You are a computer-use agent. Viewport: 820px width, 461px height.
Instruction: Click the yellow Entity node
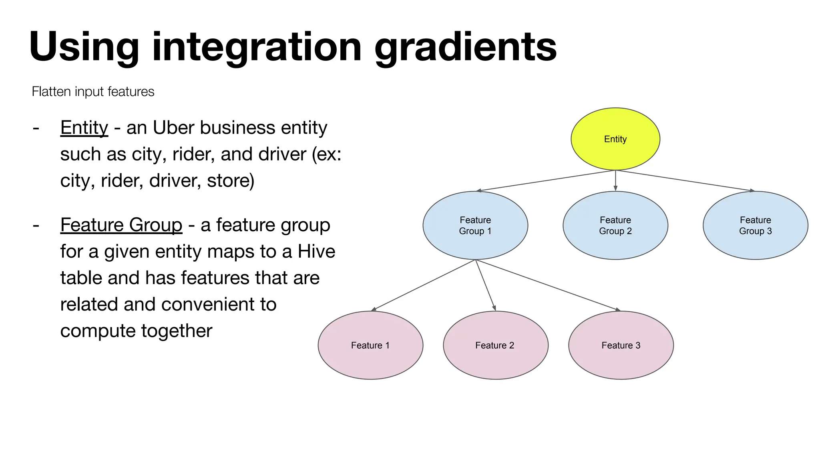615,139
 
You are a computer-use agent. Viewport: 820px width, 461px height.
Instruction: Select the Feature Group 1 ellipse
475,225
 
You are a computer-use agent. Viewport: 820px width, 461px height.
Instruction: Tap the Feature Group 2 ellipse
615,225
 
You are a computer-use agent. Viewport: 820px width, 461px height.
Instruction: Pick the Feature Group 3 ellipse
755,225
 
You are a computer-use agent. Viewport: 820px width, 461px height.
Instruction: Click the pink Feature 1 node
370,345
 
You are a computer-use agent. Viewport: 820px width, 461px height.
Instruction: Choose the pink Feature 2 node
495,345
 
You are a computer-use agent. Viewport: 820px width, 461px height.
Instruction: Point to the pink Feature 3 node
621,345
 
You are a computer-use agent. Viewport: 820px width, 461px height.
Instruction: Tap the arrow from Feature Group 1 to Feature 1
424,285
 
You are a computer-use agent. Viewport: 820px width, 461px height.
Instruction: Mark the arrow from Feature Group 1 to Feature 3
548,285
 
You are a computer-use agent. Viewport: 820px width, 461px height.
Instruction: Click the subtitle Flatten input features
93,92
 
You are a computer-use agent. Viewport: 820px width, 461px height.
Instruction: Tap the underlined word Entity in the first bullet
84,128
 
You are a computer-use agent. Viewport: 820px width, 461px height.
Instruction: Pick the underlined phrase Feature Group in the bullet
121,225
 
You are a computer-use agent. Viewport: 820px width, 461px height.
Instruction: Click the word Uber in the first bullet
174,128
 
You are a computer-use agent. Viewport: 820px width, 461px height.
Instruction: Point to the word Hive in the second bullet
316,252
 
